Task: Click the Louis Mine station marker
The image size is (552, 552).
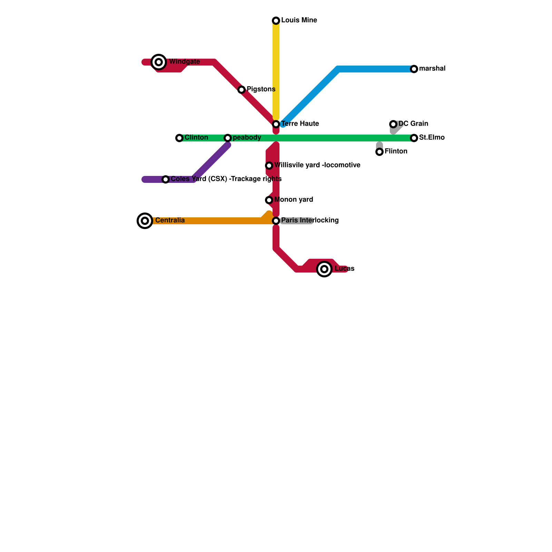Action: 276,21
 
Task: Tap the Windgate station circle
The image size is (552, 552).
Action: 159,62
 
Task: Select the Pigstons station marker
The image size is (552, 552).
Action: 241,90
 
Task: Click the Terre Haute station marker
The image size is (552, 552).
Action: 276,124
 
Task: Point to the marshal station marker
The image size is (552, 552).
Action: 414,69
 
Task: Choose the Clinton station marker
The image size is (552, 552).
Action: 179,138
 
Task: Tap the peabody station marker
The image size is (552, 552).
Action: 228,138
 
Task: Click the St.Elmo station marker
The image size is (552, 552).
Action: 414,138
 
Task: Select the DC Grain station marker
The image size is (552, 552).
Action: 393,124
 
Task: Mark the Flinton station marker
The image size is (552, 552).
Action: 379,152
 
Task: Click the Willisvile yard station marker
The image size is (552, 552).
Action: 269,166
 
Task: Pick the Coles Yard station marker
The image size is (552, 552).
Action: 166,179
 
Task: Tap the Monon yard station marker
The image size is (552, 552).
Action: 269,200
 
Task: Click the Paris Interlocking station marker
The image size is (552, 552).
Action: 276,221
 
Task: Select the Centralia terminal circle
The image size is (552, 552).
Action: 145,221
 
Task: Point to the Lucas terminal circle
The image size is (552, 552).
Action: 324,269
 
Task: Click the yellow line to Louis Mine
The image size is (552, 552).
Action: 276,69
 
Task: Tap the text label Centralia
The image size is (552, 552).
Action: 170,220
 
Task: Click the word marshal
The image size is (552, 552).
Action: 432,69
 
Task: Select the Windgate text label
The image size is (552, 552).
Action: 184,62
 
